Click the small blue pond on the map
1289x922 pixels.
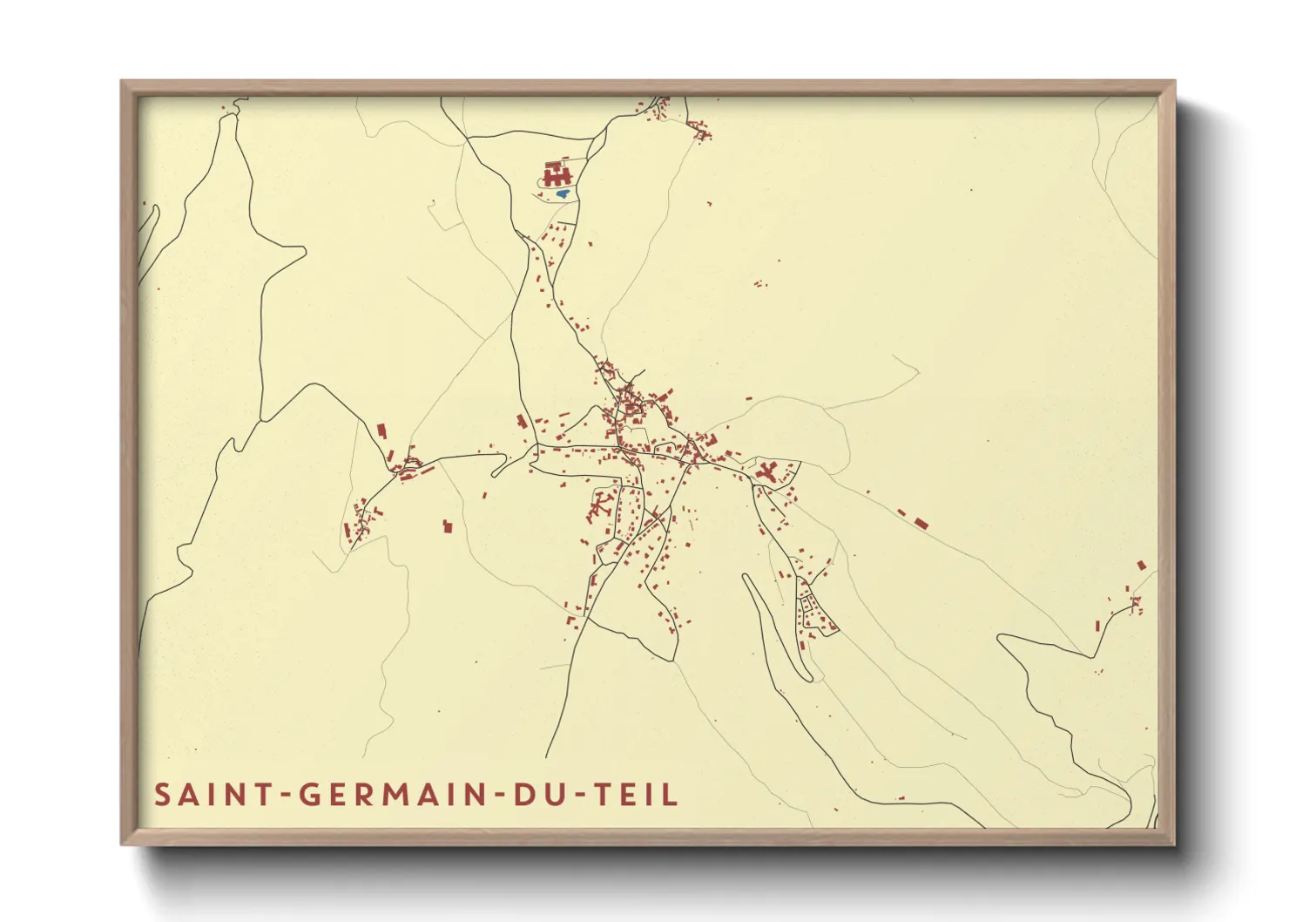click(563, 193)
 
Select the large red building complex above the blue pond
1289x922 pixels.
click(554, 173)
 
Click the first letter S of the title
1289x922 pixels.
click(162, 795)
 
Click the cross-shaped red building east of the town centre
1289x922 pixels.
click(767, 473)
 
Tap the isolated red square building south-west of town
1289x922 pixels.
click(448, 526)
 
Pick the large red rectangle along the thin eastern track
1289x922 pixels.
click(921, 523)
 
